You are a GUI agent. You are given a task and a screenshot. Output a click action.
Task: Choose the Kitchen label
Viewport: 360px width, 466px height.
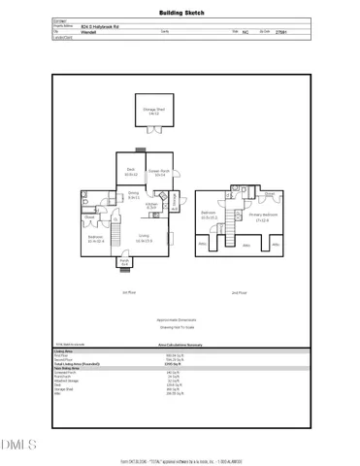pos(152,205)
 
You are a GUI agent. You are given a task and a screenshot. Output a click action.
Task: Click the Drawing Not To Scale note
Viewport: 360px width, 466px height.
pos(180,332)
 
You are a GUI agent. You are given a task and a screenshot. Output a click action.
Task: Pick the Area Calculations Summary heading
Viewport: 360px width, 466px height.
pos(180,343)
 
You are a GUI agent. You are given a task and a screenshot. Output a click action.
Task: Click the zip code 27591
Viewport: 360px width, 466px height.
pos(280,31)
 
